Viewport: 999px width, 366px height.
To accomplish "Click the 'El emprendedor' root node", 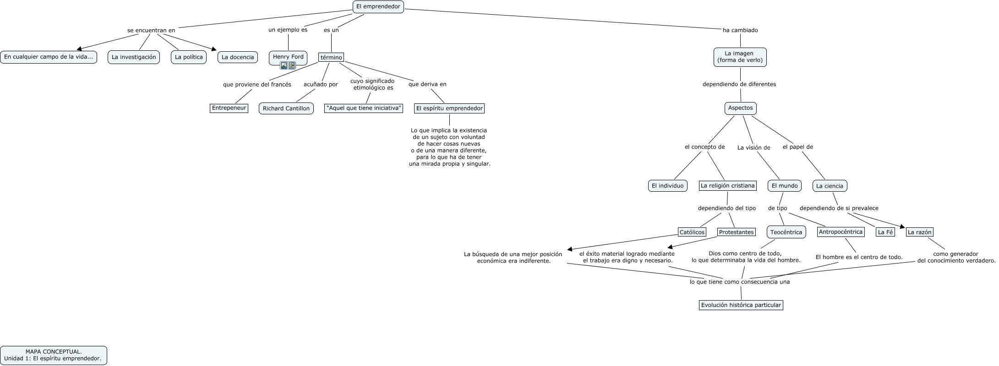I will tap(378, 6).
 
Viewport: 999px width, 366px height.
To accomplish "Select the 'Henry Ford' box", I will tap(288, 57).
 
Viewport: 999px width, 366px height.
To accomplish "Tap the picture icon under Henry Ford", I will tap(284, 65).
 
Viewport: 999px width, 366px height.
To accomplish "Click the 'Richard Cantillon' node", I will tap(286, 108).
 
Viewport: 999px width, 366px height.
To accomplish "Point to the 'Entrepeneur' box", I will tap(229, 108).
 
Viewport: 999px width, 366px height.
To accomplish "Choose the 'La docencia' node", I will tap(237, 57).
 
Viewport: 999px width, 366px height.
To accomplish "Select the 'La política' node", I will tap(189, 57).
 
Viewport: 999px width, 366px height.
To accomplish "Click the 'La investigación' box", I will tap(134, 57).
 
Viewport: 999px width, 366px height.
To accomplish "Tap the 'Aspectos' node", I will tap(740, 108).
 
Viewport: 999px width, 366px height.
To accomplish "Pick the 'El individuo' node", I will tap(667, 186).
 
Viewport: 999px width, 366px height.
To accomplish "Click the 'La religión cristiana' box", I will tap(727, 186).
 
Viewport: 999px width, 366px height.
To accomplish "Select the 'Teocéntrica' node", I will tap(786, 232).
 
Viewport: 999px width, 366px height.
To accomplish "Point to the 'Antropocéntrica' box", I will tap(841, 232).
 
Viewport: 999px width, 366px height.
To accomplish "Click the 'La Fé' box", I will tap(885, 232).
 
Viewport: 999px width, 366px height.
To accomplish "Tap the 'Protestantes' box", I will tap(736, 232).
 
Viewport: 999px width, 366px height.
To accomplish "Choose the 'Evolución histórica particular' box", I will tap(741, 305).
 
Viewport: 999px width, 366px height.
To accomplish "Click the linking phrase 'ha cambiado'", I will tap(740, 30).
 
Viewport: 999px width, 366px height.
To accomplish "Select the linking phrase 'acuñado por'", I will tap(321, 84).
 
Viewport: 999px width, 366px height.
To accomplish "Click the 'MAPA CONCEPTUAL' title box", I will tap(54, 355).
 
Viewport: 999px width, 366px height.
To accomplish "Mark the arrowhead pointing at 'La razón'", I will tap(903, 227).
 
